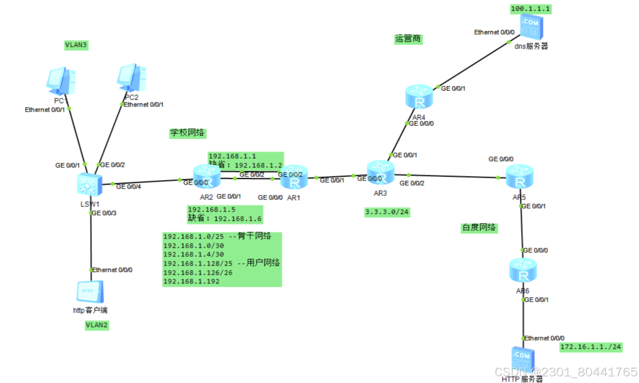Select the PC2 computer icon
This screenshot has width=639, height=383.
[x=132, y=78]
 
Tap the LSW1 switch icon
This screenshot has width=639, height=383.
[x=90, y=184]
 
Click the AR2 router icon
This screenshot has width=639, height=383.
[x=207, y=176]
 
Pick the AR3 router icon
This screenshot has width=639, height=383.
[x=380, y=172]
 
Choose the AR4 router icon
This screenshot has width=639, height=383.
[x=419, y=96]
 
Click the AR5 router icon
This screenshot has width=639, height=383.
[x=519, y=176]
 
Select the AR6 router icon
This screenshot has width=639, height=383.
[x=523, y=270]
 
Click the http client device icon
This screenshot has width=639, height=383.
[x=90, y=292]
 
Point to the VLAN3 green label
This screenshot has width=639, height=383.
[x=76, y=45]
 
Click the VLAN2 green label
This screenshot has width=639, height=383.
[x=97, y=325]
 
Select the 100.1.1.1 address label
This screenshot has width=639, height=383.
[x=531, y=9]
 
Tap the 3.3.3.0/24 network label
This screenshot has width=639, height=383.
[x=387, y=212]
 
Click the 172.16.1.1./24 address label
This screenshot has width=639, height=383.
[x=591, y=347]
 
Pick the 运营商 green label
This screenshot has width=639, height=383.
[x=408, y=39]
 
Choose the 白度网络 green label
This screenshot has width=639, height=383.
[x=479, y=228]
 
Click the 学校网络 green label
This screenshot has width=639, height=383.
[x=187, y=133]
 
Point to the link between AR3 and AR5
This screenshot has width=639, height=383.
[x=452, y=176]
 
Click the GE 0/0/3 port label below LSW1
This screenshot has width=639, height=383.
[x=104, y=213]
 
